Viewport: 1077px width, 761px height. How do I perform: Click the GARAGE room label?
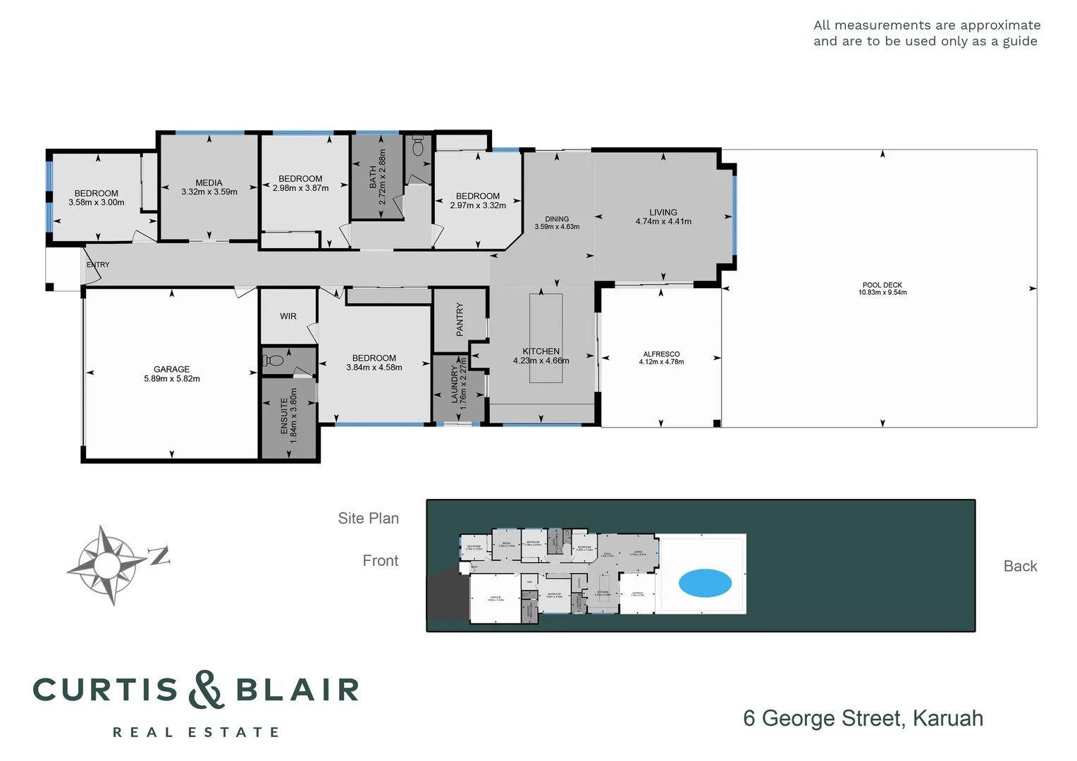click(172, 369)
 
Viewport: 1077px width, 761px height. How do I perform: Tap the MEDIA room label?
click(209, 182)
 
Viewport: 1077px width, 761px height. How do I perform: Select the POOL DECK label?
click(882, 285)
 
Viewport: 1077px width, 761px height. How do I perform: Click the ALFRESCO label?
click(661, 354)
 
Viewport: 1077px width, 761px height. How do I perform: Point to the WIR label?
click(288, 316)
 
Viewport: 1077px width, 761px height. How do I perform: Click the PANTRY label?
click(460, 319)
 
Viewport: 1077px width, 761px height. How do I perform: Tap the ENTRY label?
click(98, 265)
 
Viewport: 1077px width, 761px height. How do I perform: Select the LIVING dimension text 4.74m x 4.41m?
click(663, 221)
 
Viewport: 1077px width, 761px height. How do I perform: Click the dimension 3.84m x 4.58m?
click(374, 367)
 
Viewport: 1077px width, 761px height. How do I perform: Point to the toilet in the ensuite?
click(273, 361)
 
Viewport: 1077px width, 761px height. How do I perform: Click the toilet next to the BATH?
click(418, 146)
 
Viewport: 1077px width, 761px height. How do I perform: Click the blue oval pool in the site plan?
click(705, 583)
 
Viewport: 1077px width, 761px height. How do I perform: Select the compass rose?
click(107, 564)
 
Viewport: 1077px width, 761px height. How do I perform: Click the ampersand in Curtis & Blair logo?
click(207, 690)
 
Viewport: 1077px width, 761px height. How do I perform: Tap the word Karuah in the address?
click(947, 718)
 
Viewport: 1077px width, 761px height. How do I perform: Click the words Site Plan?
click(368, 519)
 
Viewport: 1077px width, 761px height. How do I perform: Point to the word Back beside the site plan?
click(1020, 567)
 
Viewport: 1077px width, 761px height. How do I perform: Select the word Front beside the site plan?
click(380, 561)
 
